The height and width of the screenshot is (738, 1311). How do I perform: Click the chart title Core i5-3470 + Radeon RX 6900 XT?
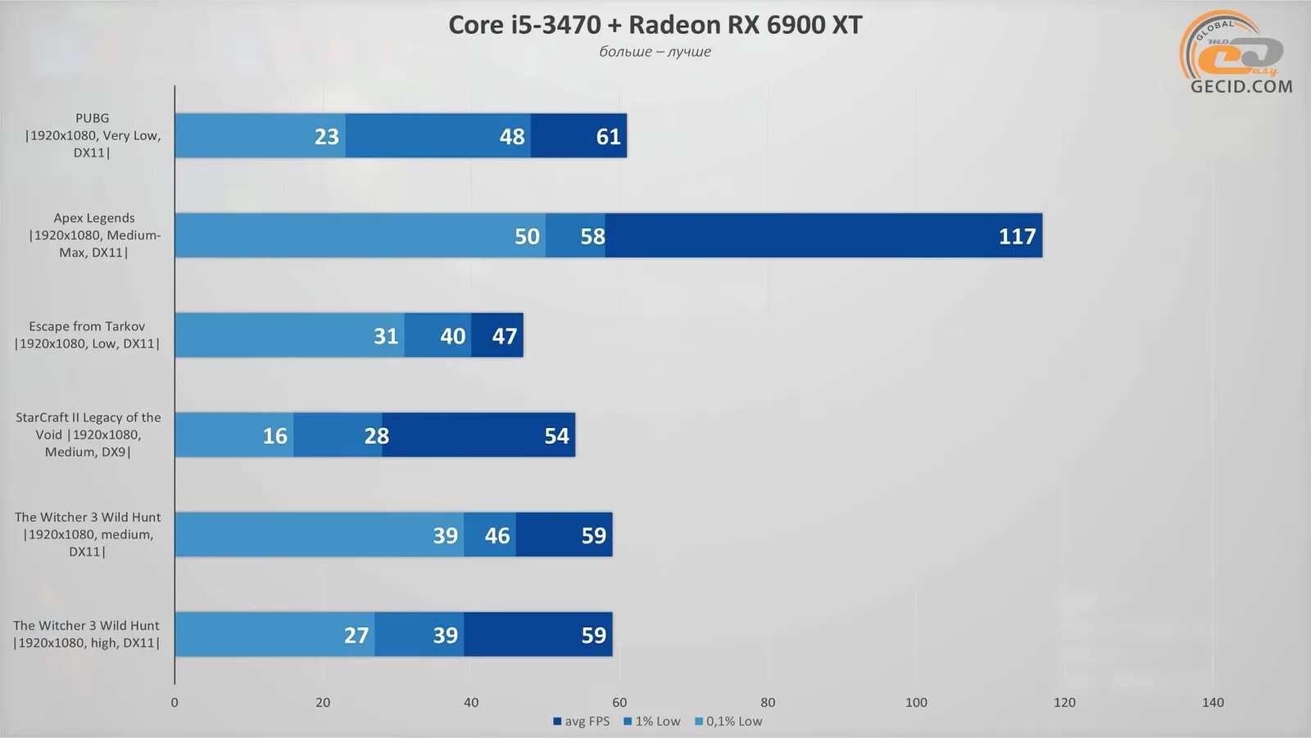click(x=655, y=25)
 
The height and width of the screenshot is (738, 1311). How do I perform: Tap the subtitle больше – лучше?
click(x=655, y=52)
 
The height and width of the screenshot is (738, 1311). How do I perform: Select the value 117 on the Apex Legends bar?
click(x=1017, y=236)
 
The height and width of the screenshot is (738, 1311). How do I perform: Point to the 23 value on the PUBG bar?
click(x=326, y=136)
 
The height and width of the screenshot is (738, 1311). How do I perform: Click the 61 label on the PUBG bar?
click(x=608, y=136)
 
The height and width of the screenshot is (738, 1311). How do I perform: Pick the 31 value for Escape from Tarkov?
click(x=386, y=336)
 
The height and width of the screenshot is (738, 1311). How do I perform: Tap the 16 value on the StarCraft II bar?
click(x=274, y=436)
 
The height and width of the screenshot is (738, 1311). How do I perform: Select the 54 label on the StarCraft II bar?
click(x=556, y=436)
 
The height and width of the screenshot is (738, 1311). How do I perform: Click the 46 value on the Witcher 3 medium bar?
click(x=497, y=535)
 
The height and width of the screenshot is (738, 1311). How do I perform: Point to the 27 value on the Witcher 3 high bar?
click(x=356, y=635)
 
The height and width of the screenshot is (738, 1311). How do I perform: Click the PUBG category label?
click(x=92, y=135)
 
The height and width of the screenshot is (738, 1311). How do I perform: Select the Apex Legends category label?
click(x=93, y=235)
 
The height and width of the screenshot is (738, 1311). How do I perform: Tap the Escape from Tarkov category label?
click(x=87, y=335)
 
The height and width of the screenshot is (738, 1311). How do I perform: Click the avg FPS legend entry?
click(x=582, y=722)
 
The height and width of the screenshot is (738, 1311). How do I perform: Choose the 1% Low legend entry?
click(x=652, y=722)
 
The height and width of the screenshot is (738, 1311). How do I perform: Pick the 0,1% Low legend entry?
click(x=728, y=722)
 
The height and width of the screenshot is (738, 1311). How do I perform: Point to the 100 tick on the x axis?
click(x=916, y=703)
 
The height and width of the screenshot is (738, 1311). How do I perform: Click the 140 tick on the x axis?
click(x=1213, y=703)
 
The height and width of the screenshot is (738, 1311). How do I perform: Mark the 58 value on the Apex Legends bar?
click(x=592, y=236)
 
